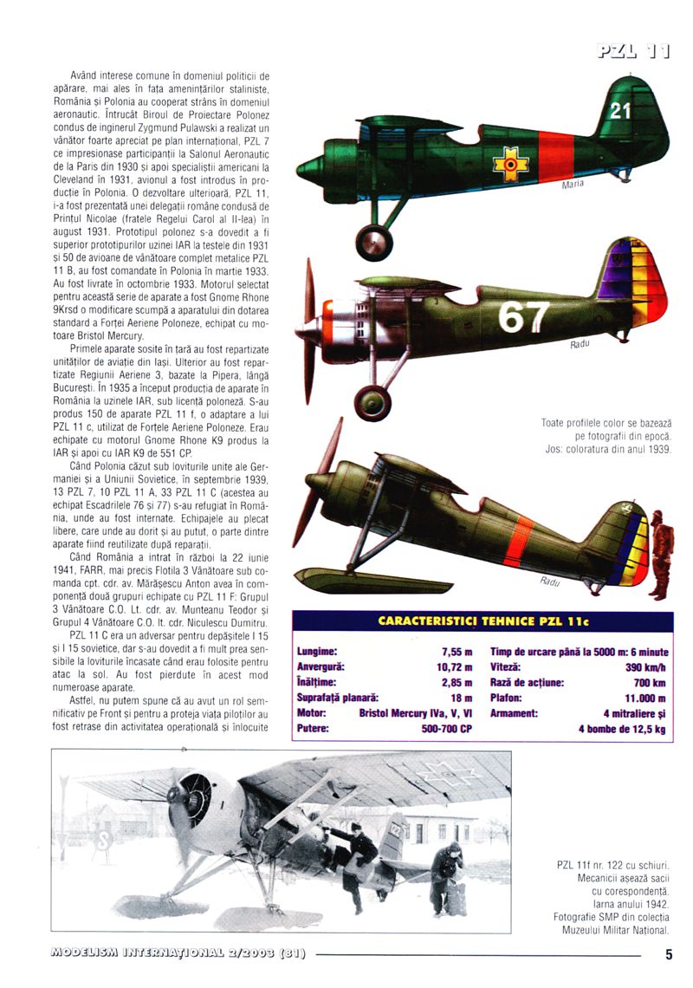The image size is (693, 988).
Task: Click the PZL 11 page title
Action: pos(633,53)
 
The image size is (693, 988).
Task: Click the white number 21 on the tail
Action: pos(620,111)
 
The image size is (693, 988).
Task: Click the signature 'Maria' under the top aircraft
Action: pos(573,184)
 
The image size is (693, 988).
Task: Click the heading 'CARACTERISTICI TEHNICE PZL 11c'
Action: pos(483,621)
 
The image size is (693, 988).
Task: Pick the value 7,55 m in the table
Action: pos(455,651)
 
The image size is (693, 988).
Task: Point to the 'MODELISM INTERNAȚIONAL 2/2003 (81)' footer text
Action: pos(178,954)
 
